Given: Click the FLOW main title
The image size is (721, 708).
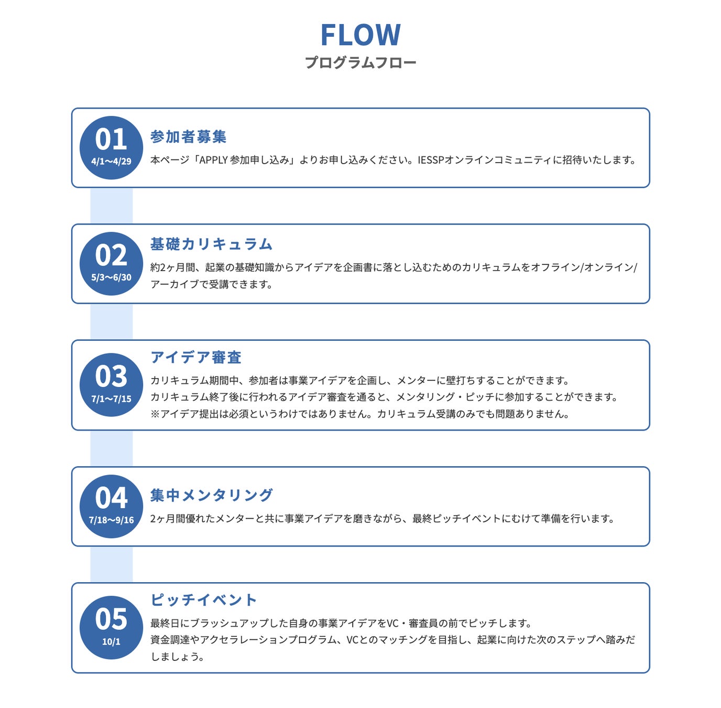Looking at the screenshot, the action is (360, 35).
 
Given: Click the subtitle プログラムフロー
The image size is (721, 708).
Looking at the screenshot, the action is (360, 62).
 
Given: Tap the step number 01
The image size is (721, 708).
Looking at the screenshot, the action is (111, 140).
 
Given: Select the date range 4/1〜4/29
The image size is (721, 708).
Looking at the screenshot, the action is (111, 162).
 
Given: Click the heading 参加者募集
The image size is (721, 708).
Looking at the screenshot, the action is (188, 137).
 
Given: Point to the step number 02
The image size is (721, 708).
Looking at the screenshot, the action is (111, 255).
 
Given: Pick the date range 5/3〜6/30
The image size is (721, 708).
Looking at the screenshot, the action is (111, 277).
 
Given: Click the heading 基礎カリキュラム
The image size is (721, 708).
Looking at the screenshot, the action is (211, 244).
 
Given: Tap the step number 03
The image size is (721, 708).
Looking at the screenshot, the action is (111, 377).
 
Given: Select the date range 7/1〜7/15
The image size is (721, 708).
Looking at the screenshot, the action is (111, 399).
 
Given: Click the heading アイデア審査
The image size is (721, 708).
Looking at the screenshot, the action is (195, 358).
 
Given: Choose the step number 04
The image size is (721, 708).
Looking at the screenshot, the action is (111, 498).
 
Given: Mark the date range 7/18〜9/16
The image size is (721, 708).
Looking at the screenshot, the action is (111, 520).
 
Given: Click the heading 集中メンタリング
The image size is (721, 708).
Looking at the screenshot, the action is (211, 495).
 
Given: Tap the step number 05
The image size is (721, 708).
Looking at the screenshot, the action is (111, 619).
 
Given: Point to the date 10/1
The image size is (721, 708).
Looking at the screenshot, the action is (111, 642).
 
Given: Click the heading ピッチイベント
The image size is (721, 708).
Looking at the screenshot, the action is (203, 600).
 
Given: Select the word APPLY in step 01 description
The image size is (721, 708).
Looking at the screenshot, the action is (213, 160).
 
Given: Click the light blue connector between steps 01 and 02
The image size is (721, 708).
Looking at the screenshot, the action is (111, 206).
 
